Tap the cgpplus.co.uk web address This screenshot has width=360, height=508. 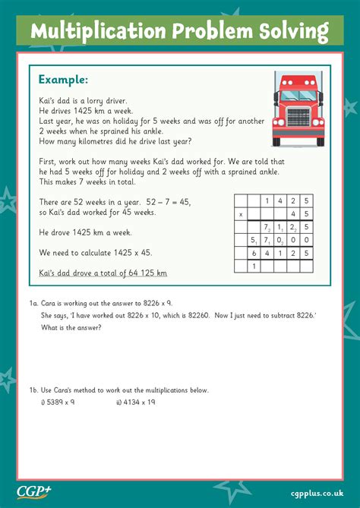317,491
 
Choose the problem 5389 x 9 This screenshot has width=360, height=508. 59,402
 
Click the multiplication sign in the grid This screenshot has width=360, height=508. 241,214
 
